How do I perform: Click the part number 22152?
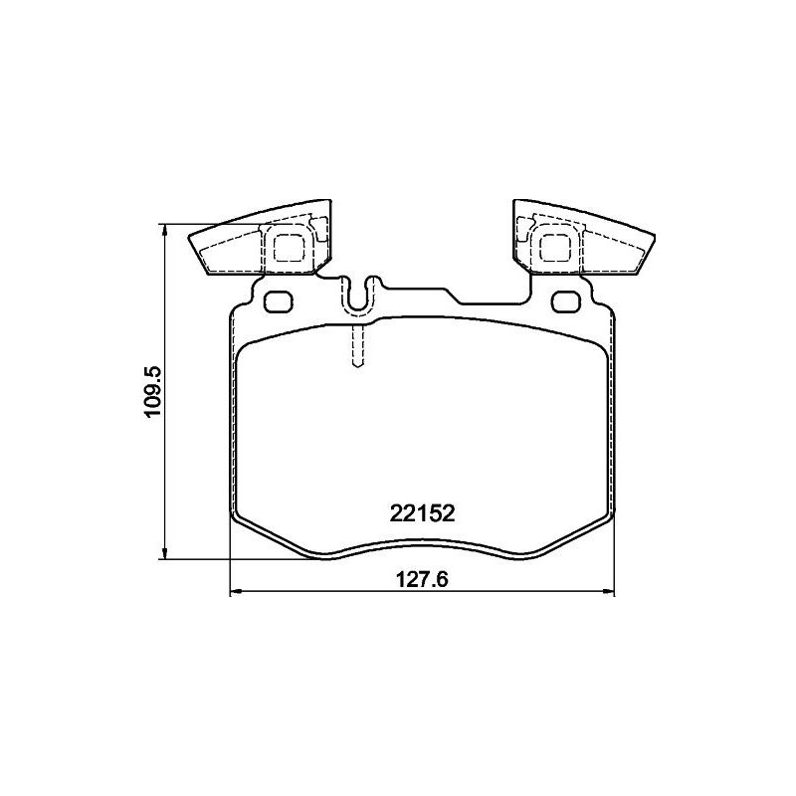pyautogui.click(x=421, y=513)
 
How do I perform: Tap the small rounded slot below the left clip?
pyautogui.click(x=280, y=301)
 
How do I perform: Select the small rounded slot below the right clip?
pyautogui.click(x=564, y=301)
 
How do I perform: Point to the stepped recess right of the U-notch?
pyautogui.click(x=453, y=296)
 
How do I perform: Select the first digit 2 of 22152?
pyautogui.click(x=394, y=513)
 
